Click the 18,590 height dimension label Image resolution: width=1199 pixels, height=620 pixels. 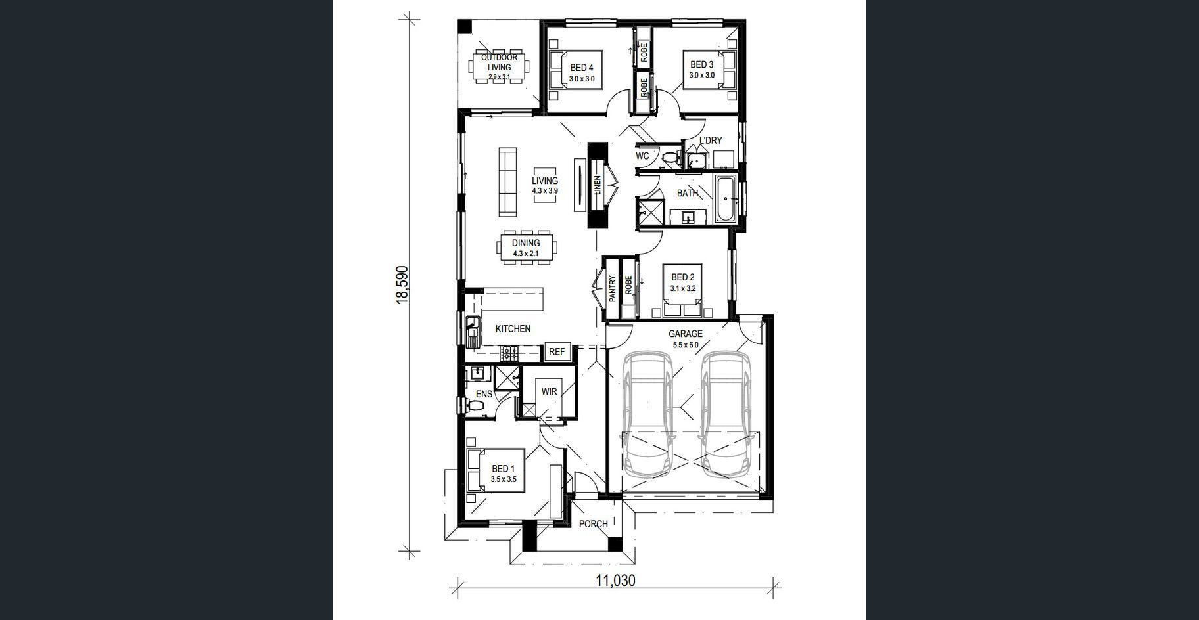[x=402, y=284]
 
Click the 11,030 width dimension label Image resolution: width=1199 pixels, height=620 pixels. [x=615, y=580]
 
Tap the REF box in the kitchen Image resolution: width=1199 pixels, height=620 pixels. [x=556, y=352]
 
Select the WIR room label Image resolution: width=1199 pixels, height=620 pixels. [x=549, y=391]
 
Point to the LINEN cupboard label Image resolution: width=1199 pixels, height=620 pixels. [x=598, y=186]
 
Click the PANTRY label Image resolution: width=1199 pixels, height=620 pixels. [x=612, y=289]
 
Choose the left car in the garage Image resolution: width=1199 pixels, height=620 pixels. [x=648, y=414]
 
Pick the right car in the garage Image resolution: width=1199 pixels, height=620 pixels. [x=725, y=414]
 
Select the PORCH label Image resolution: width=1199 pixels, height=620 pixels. [x=594, y=524]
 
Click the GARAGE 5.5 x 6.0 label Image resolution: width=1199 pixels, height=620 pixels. [x=686, y=339]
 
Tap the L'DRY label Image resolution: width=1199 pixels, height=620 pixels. [x=711, y=141]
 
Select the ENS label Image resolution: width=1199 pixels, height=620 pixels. [x=484, y=394]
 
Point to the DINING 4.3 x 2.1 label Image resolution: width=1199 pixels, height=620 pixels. [x=526, y=248]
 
